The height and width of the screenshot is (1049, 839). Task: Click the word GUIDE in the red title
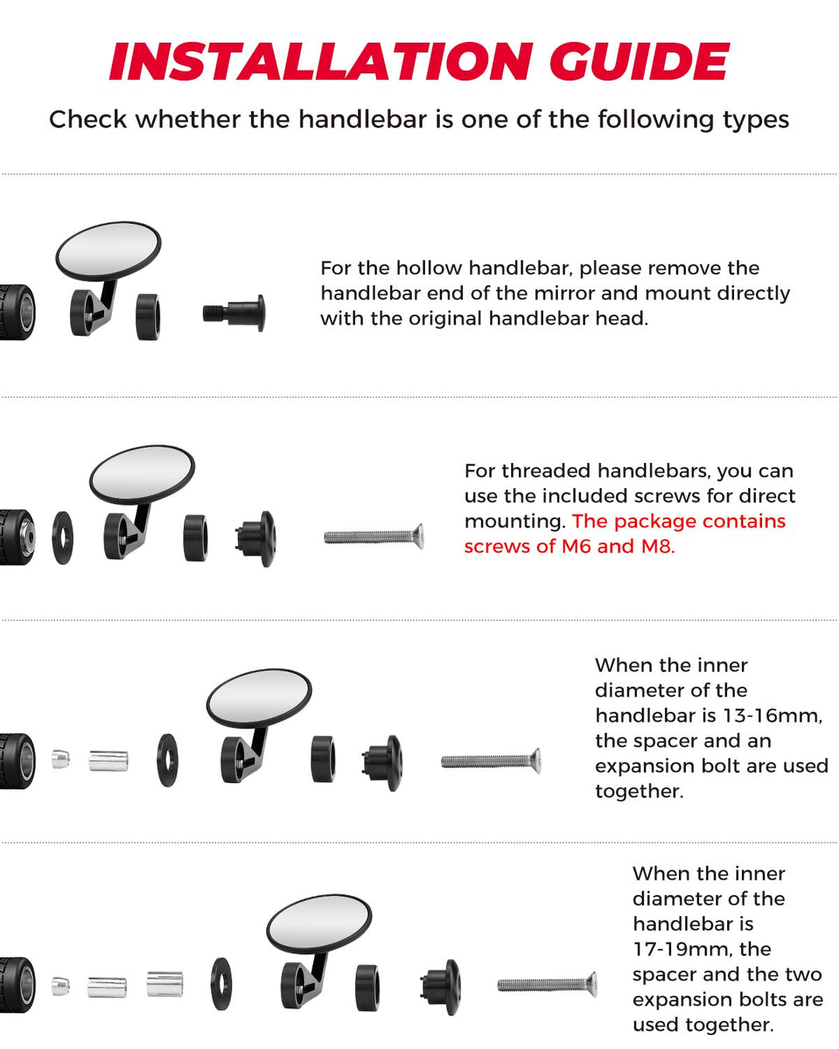click(x=639, y=61)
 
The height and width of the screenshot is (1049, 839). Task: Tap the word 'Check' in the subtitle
click(x=88, y=120)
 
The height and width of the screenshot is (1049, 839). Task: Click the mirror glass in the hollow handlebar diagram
click(x=109, y=250)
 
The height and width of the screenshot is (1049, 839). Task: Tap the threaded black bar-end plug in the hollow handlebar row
click(x=234, y=313)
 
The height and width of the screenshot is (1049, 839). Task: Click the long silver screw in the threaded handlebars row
click(x=374, y=537)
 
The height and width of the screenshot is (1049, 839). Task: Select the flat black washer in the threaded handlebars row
click(x=62, y=538)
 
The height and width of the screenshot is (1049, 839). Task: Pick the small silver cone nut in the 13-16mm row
click(x=61, y=759)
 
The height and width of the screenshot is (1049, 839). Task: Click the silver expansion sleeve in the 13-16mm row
click(x=109, y=761)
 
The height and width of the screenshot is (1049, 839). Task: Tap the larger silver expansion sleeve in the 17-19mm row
click(x=165, y=984)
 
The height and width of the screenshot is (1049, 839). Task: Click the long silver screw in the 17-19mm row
click(x=547, y=985)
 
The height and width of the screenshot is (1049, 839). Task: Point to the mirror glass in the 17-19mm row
click(x=319, y=924)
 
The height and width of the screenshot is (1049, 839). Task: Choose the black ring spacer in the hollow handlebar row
click(x=148, y=317)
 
